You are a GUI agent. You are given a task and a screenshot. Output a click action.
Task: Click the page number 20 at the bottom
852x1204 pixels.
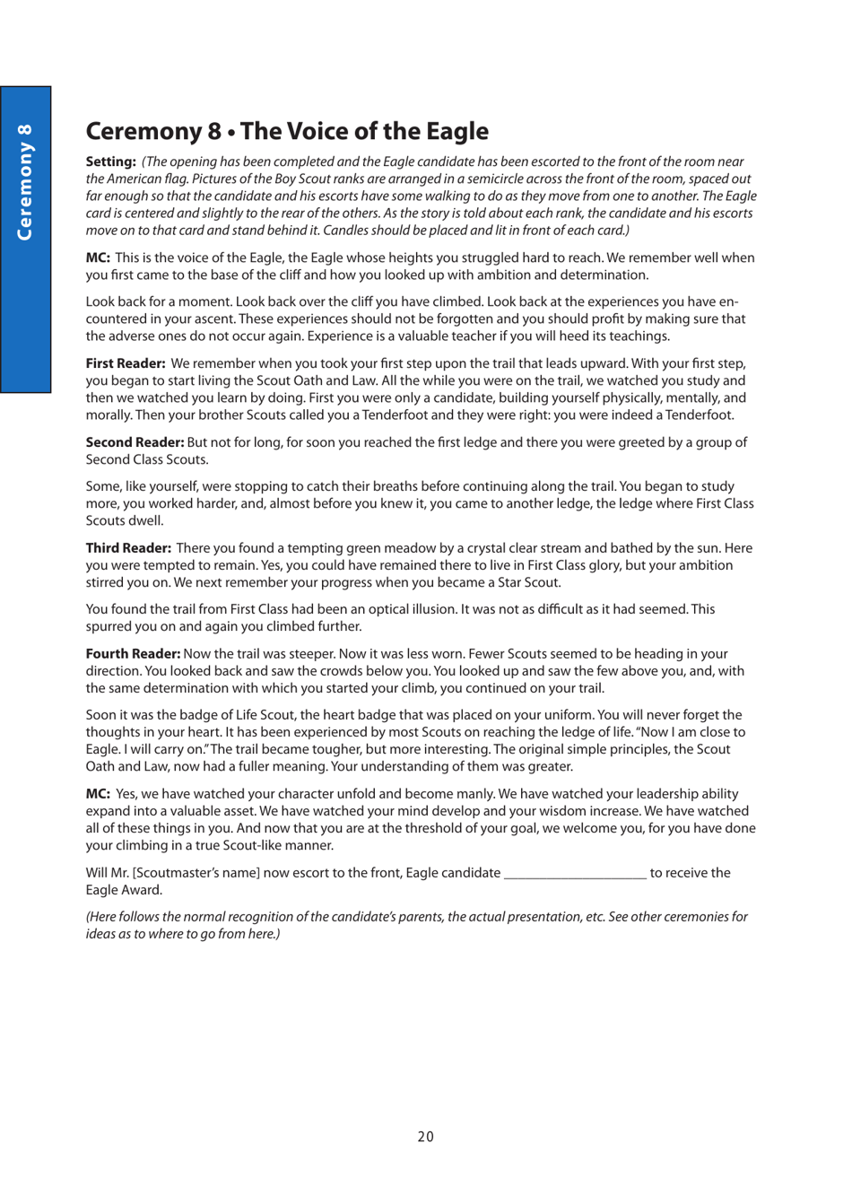tap(425, 1137)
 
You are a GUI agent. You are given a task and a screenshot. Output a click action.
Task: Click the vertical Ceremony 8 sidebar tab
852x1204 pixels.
tap(25, 183)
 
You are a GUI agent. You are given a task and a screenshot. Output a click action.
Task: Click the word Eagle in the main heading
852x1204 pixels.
tap(456, 131)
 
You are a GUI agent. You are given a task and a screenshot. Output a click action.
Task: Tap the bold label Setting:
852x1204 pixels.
tap(110, 161)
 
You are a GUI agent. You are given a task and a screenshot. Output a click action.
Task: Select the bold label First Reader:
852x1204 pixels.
tap(125, 363)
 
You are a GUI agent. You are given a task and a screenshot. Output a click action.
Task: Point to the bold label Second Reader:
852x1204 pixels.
tap(135, 442)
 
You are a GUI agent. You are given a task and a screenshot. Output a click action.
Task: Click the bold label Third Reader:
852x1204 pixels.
tap(128, 548)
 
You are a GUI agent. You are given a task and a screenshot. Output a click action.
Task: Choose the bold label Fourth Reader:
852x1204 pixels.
tap(133, 654)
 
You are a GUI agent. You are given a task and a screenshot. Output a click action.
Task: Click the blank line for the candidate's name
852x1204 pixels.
tap(575, 873)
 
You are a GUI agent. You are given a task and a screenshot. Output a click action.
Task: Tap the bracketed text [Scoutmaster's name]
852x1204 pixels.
tap(196, 873)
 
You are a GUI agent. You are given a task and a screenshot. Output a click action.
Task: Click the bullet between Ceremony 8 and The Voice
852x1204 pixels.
tap(231, 133)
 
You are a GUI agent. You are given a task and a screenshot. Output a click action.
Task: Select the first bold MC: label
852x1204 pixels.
tap(98, 257)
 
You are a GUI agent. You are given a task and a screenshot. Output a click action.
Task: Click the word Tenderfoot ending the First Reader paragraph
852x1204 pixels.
tap(700, 415)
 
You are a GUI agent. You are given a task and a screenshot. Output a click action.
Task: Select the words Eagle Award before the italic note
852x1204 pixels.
tap(124, 890)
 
